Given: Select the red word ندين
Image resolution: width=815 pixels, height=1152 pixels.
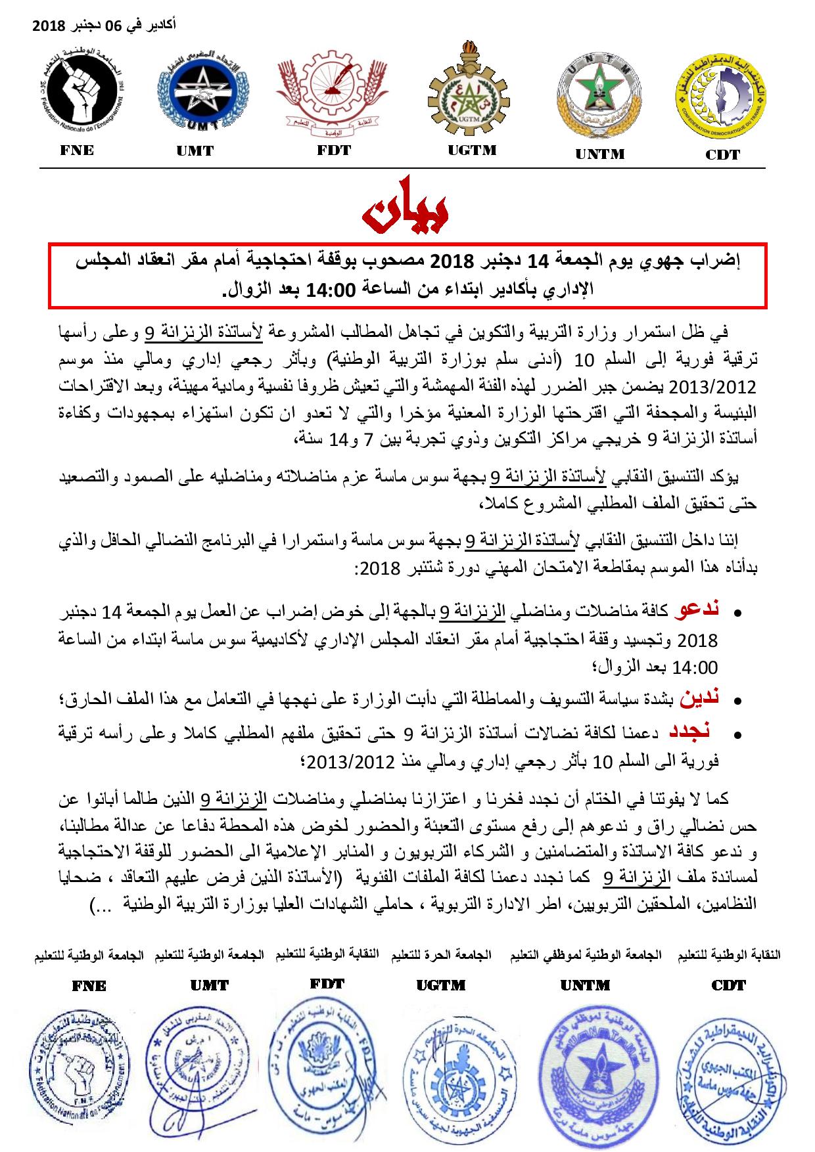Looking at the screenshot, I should [701, 698].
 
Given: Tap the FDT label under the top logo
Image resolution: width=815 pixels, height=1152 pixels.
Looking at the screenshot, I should [333, 150].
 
